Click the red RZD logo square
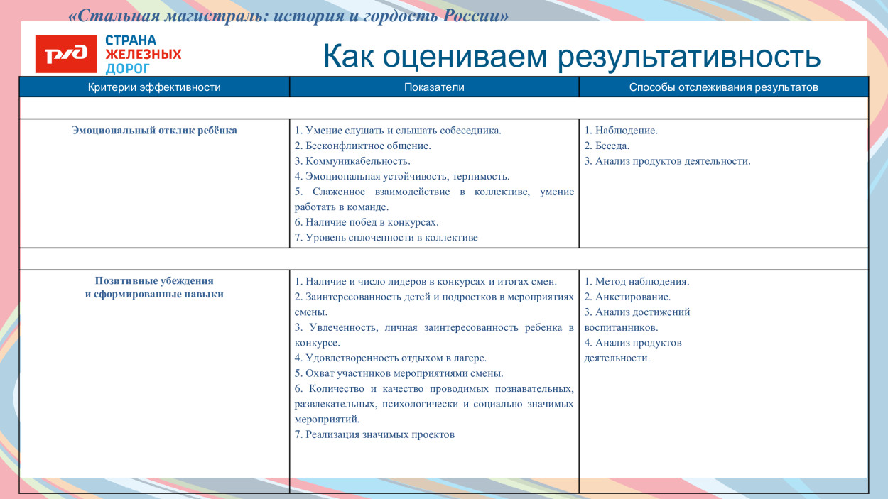65,54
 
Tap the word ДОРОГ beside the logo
128,69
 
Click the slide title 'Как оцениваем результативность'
571,57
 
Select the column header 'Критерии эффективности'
154,87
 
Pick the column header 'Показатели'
434,87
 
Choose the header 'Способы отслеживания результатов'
723,87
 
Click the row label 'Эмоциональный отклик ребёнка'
154,131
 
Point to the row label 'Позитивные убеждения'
154,280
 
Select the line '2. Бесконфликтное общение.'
362,146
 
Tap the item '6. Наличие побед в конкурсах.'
367,222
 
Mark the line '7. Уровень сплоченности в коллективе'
386,238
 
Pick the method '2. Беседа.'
607,146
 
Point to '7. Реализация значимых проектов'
374,434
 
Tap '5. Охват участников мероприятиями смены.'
399,373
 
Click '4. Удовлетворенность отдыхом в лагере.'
390,358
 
